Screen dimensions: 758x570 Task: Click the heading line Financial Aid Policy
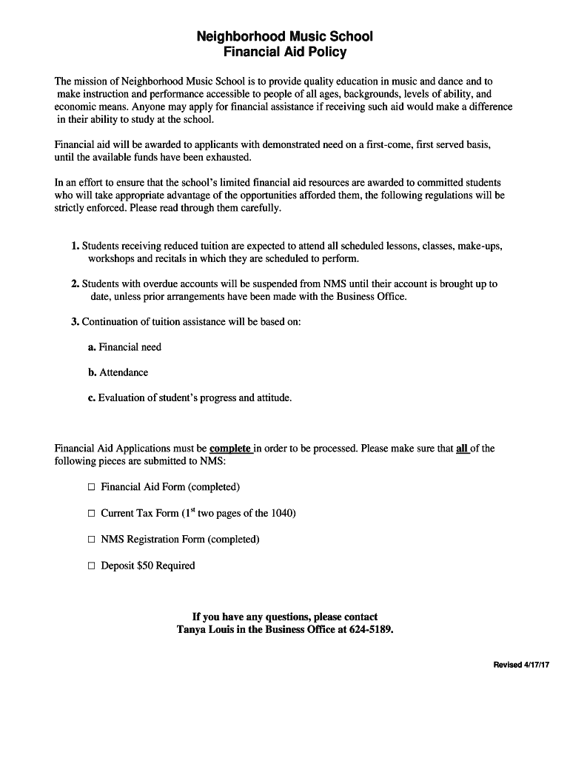coord(284,52)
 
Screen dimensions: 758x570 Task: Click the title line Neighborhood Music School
coord(284,36)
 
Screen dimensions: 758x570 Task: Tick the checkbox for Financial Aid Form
coord(92,487)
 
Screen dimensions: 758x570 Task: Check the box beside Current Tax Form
coord(92,513)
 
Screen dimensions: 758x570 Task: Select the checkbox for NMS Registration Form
coord(92,540)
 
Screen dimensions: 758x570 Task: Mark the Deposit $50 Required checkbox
coord(92,566)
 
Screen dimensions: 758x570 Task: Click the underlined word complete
coord(230,449)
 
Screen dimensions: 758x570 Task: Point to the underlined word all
coord(463,449)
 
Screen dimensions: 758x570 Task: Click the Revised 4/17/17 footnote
coord(521,665)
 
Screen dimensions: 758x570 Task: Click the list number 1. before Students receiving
coord(75,246)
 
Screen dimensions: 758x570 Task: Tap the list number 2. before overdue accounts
coord(75,284)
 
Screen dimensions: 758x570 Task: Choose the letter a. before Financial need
coord(91,347)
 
